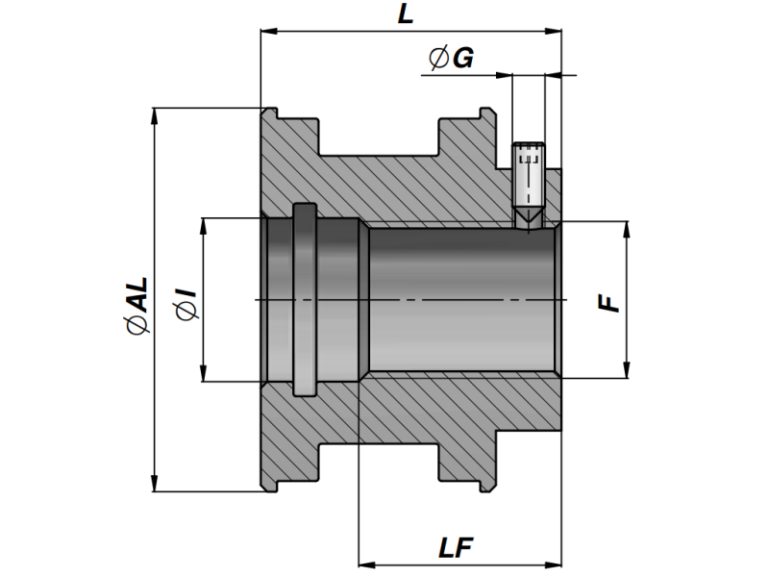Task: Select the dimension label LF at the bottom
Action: pyautogui.click(x=458, y=548)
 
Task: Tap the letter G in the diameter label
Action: pyautogui.click(x=462, y=59)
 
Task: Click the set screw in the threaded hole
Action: pyautogui.click(x=528, y=178)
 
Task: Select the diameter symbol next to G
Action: pyautogui.click(x=438, y=60)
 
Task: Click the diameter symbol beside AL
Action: pyautogui.click(x=138, y=328)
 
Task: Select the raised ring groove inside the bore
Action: pyautogui.click(x=305, y=299)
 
